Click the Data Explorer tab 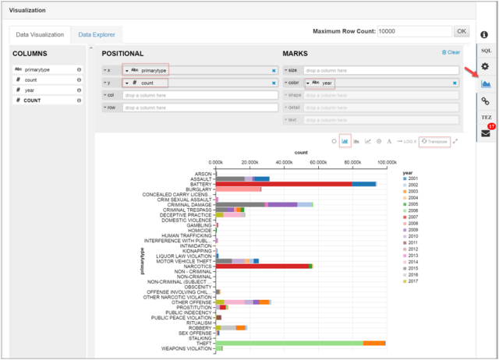coord(97,34)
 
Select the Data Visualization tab coord(39,34)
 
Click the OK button coord(462,31)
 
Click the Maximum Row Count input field coord(413,31)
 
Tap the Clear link coord(451,52)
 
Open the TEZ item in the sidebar coord(485,117)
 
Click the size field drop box coord(380,70)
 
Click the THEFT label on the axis coord(204,343)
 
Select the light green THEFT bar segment coord(289,343)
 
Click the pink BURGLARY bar coord(239,189)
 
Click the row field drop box coord(200,107)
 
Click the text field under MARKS coord(380,120)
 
